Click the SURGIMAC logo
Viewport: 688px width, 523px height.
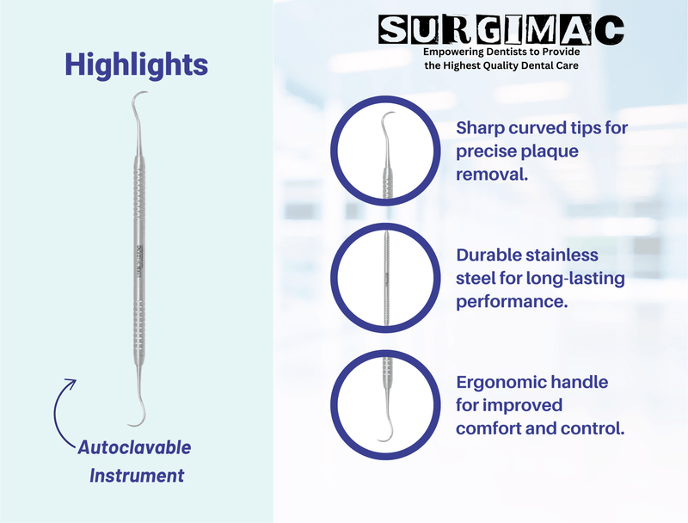coord(502,31)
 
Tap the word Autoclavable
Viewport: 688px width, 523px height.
coord(135,448)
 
